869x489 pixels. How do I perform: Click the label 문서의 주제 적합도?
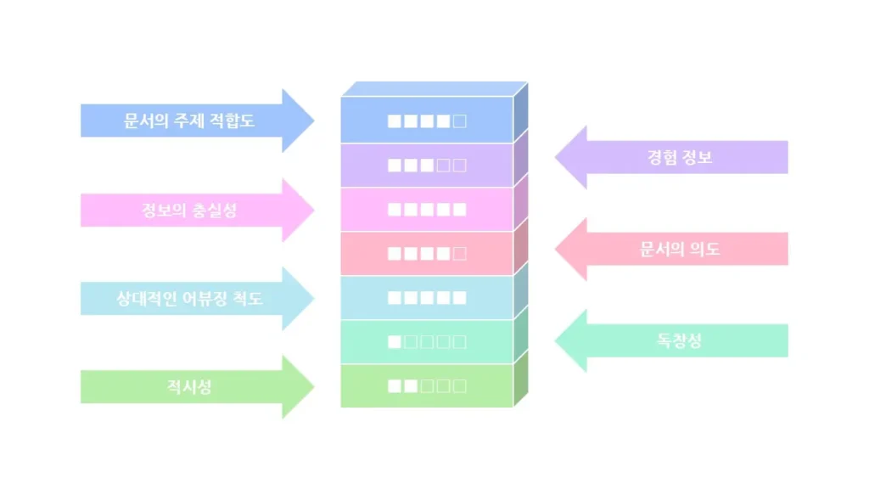(x=188, y=121)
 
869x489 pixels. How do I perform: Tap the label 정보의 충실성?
(x=188, y=211)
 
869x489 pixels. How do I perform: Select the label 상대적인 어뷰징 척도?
(x=188, y=299)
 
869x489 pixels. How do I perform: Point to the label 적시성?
(x=188, y=387)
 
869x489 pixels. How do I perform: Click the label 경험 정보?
(x=679, y=157)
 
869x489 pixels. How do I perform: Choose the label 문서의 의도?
(x=679, y=250)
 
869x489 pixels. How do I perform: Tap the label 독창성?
(x=679, y=341)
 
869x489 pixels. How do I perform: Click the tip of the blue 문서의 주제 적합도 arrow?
(x=313, y=121)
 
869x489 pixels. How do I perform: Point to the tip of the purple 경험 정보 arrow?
(x=557, y=157)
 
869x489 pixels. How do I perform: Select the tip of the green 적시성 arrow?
(x=313, y=387)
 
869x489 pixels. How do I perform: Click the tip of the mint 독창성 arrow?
(x=557, y=341)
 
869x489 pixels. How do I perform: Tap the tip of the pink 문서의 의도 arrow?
(x=557, y=250)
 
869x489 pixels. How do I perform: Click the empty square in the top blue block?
(x=460, y=121)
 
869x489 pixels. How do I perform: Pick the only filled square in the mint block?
(x=395, y=342)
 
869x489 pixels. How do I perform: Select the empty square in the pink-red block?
(x=460, y=253)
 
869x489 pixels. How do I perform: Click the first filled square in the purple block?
(x=395, y=165)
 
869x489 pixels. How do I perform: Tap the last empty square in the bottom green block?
(x=460, y=386)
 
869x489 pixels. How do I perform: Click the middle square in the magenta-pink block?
(x=427, y=209)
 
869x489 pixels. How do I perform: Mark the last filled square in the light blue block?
(x=460, y=298)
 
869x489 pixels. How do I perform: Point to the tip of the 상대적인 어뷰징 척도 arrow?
(x=313, y=299)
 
